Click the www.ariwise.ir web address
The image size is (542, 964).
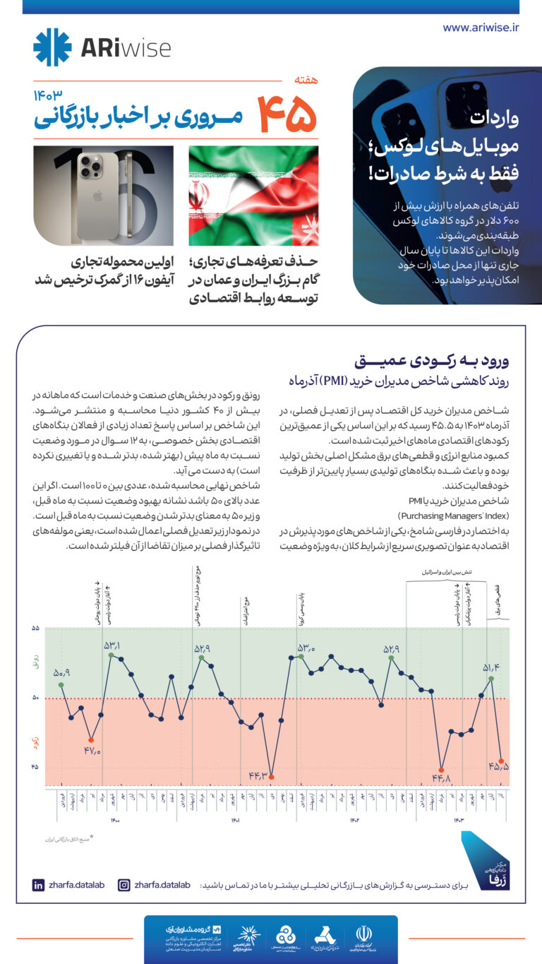pyautogui.click(x=481, y=28)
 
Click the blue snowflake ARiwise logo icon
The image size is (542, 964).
pyautogui.click(x=52, y=47)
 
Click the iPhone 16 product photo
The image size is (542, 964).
pyautogui.click(x=103, y=196)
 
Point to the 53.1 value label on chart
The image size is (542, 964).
pyautogui.click(x=112, y=645)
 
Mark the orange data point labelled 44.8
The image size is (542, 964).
pyautogui.click(x=441, y=769)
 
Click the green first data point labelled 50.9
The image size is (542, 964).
pyautogui.click(x=61, y=684)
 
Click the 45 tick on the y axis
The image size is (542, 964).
pyautogui.click(x=35, y=768)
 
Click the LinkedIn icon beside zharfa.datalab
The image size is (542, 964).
pyautogui.click(x=39, y=885)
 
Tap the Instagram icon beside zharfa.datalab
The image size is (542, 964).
pyautogui.click(x=124, y=885)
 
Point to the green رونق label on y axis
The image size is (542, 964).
pyautogui.click(x=35, y=662)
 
